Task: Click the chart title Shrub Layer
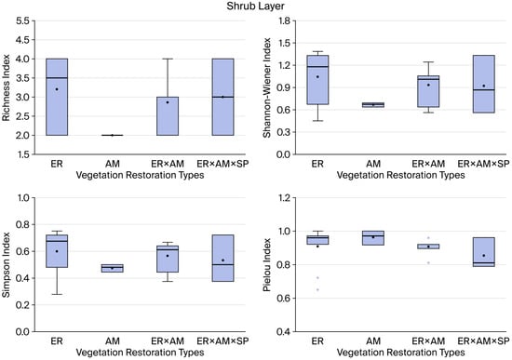[x=256, y=6]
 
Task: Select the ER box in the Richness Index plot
[x=57, y=97]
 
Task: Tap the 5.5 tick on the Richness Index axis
[x=22, y=20]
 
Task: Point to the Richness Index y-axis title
[x=7, y=87]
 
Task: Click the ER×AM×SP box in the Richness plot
[x=223, y=97]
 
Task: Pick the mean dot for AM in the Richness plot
[x=113, y=135]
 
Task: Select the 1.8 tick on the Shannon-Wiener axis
[x=284, y=20]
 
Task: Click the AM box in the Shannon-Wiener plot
[x=373, y=105]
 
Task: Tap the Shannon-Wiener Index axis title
[x=267, y=87]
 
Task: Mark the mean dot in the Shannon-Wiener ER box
[x=317, y=77]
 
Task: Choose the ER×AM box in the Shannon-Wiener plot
[x=428, y=91]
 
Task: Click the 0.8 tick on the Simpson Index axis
[x=22, y=224]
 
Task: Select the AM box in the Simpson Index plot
[x=113, y=268]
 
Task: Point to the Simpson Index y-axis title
[x=7, y=265]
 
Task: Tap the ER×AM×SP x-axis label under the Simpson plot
[x=223, y=341]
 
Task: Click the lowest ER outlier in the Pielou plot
[x=317, y=290]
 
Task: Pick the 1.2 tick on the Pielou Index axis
[x=284, y=198]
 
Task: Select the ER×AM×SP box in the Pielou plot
[x=484, y=252]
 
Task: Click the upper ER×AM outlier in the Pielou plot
[x=428, y=237]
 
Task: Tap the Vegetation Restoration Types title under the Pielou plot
[x=400, y=353]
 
